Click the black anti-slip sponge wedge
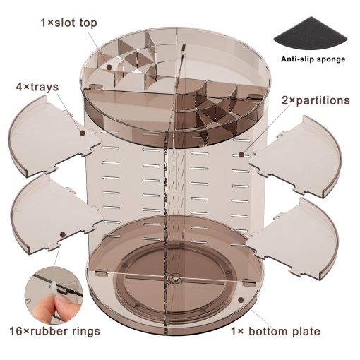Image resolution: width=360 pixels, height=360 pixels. tap(311, 35)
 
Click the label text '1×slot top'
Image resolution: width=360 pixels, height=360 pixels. tap(69, 23)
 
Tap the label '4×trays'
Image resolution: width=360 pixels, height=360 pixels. tap(37, 87)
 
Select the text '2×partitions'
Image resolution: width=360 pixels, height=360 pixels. tap(316, 100)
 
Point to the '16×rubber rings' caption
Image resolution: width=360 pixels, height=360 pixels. tap(55, 331)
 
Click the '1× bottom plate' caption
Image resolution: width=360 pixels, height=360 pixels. tap(275, 332)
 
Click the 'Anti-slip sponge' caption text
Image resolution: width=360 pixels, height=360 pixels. tap(313, 59)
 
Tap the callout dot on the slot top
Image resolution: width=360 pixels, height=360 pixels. tap(109, 67)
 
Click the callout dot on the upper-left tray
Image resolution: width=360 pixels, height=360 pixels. tap(82, 133)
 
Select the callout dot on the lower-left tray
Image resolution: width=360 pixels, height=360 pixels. tap(63, 234)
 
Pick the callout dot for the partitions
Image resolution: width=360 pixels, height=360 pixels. tap(241, 155)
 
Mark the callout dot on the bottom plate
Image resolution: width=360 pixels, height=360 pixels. tap(241, 300)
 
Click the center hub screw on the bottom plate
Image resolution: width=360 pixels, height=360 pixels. tap(175, 280)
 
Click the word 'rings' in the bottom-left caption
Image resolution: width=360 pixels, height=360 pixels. tap(85, 332)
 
